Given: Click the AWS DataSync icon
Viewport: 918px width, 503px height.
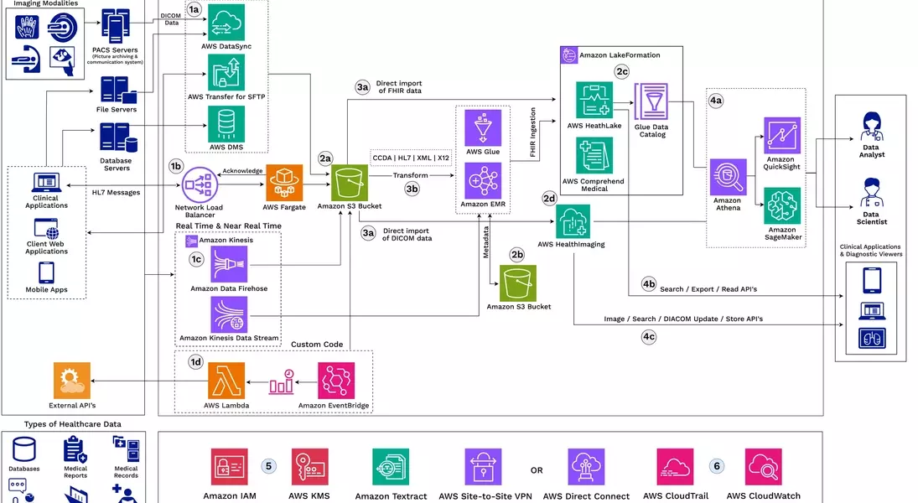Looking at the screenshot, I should point(226,23).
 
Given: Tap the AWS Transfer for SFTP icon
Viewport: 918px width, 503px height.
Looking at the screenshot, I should point(226,73).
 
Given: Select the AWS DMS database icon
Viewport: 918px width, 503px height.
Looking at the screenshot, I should point(226,124).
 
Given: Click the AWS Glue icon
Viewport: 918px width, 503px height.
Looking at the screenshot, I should point(483,127).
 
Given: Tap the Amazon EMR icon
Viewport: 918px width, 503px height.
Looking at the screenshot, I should point(483,180).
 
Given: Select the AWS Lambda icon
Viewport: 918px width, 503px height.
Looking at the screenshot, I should point(226,381).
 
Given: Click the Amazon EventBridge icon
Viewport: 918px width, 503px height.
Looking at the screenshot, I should point(335,381).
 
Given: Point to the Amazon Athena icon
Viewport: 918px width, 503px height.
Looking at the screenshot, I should point(728,177).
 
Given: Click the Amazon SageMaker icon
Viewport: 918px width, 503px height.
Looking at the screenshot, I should point(781,205).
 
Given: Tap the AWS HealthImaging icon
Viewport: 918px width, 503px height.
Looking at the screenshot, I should point(573,221).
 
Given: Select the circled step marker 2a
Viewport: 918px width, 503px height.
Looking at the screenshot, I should point(325,158).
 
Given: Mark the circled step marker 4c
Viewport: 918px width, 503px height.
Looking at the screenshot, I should point(649,336).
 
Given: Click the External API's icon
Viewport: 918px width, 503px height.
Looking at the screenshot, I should point(70,381).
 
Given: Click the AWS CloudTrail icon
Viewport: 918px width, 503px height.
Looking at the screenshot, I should point(675,467).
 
